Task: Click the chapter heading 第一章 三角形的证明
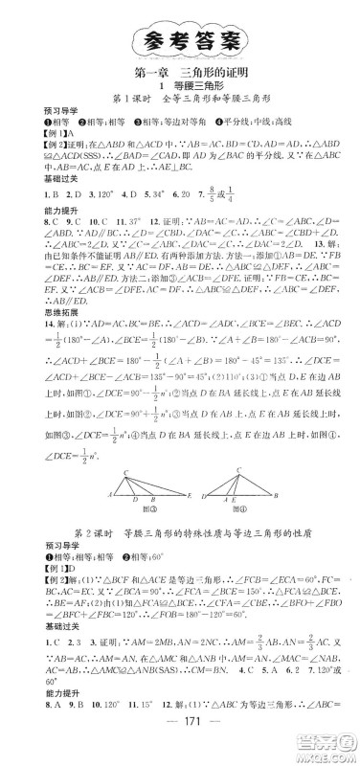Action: (181, 72)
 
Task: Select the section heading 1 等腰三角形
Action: (181, 87)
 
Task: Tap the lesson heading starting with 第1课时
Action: (181, 103)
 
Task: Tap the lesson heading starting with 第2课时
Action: (181, 554)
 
